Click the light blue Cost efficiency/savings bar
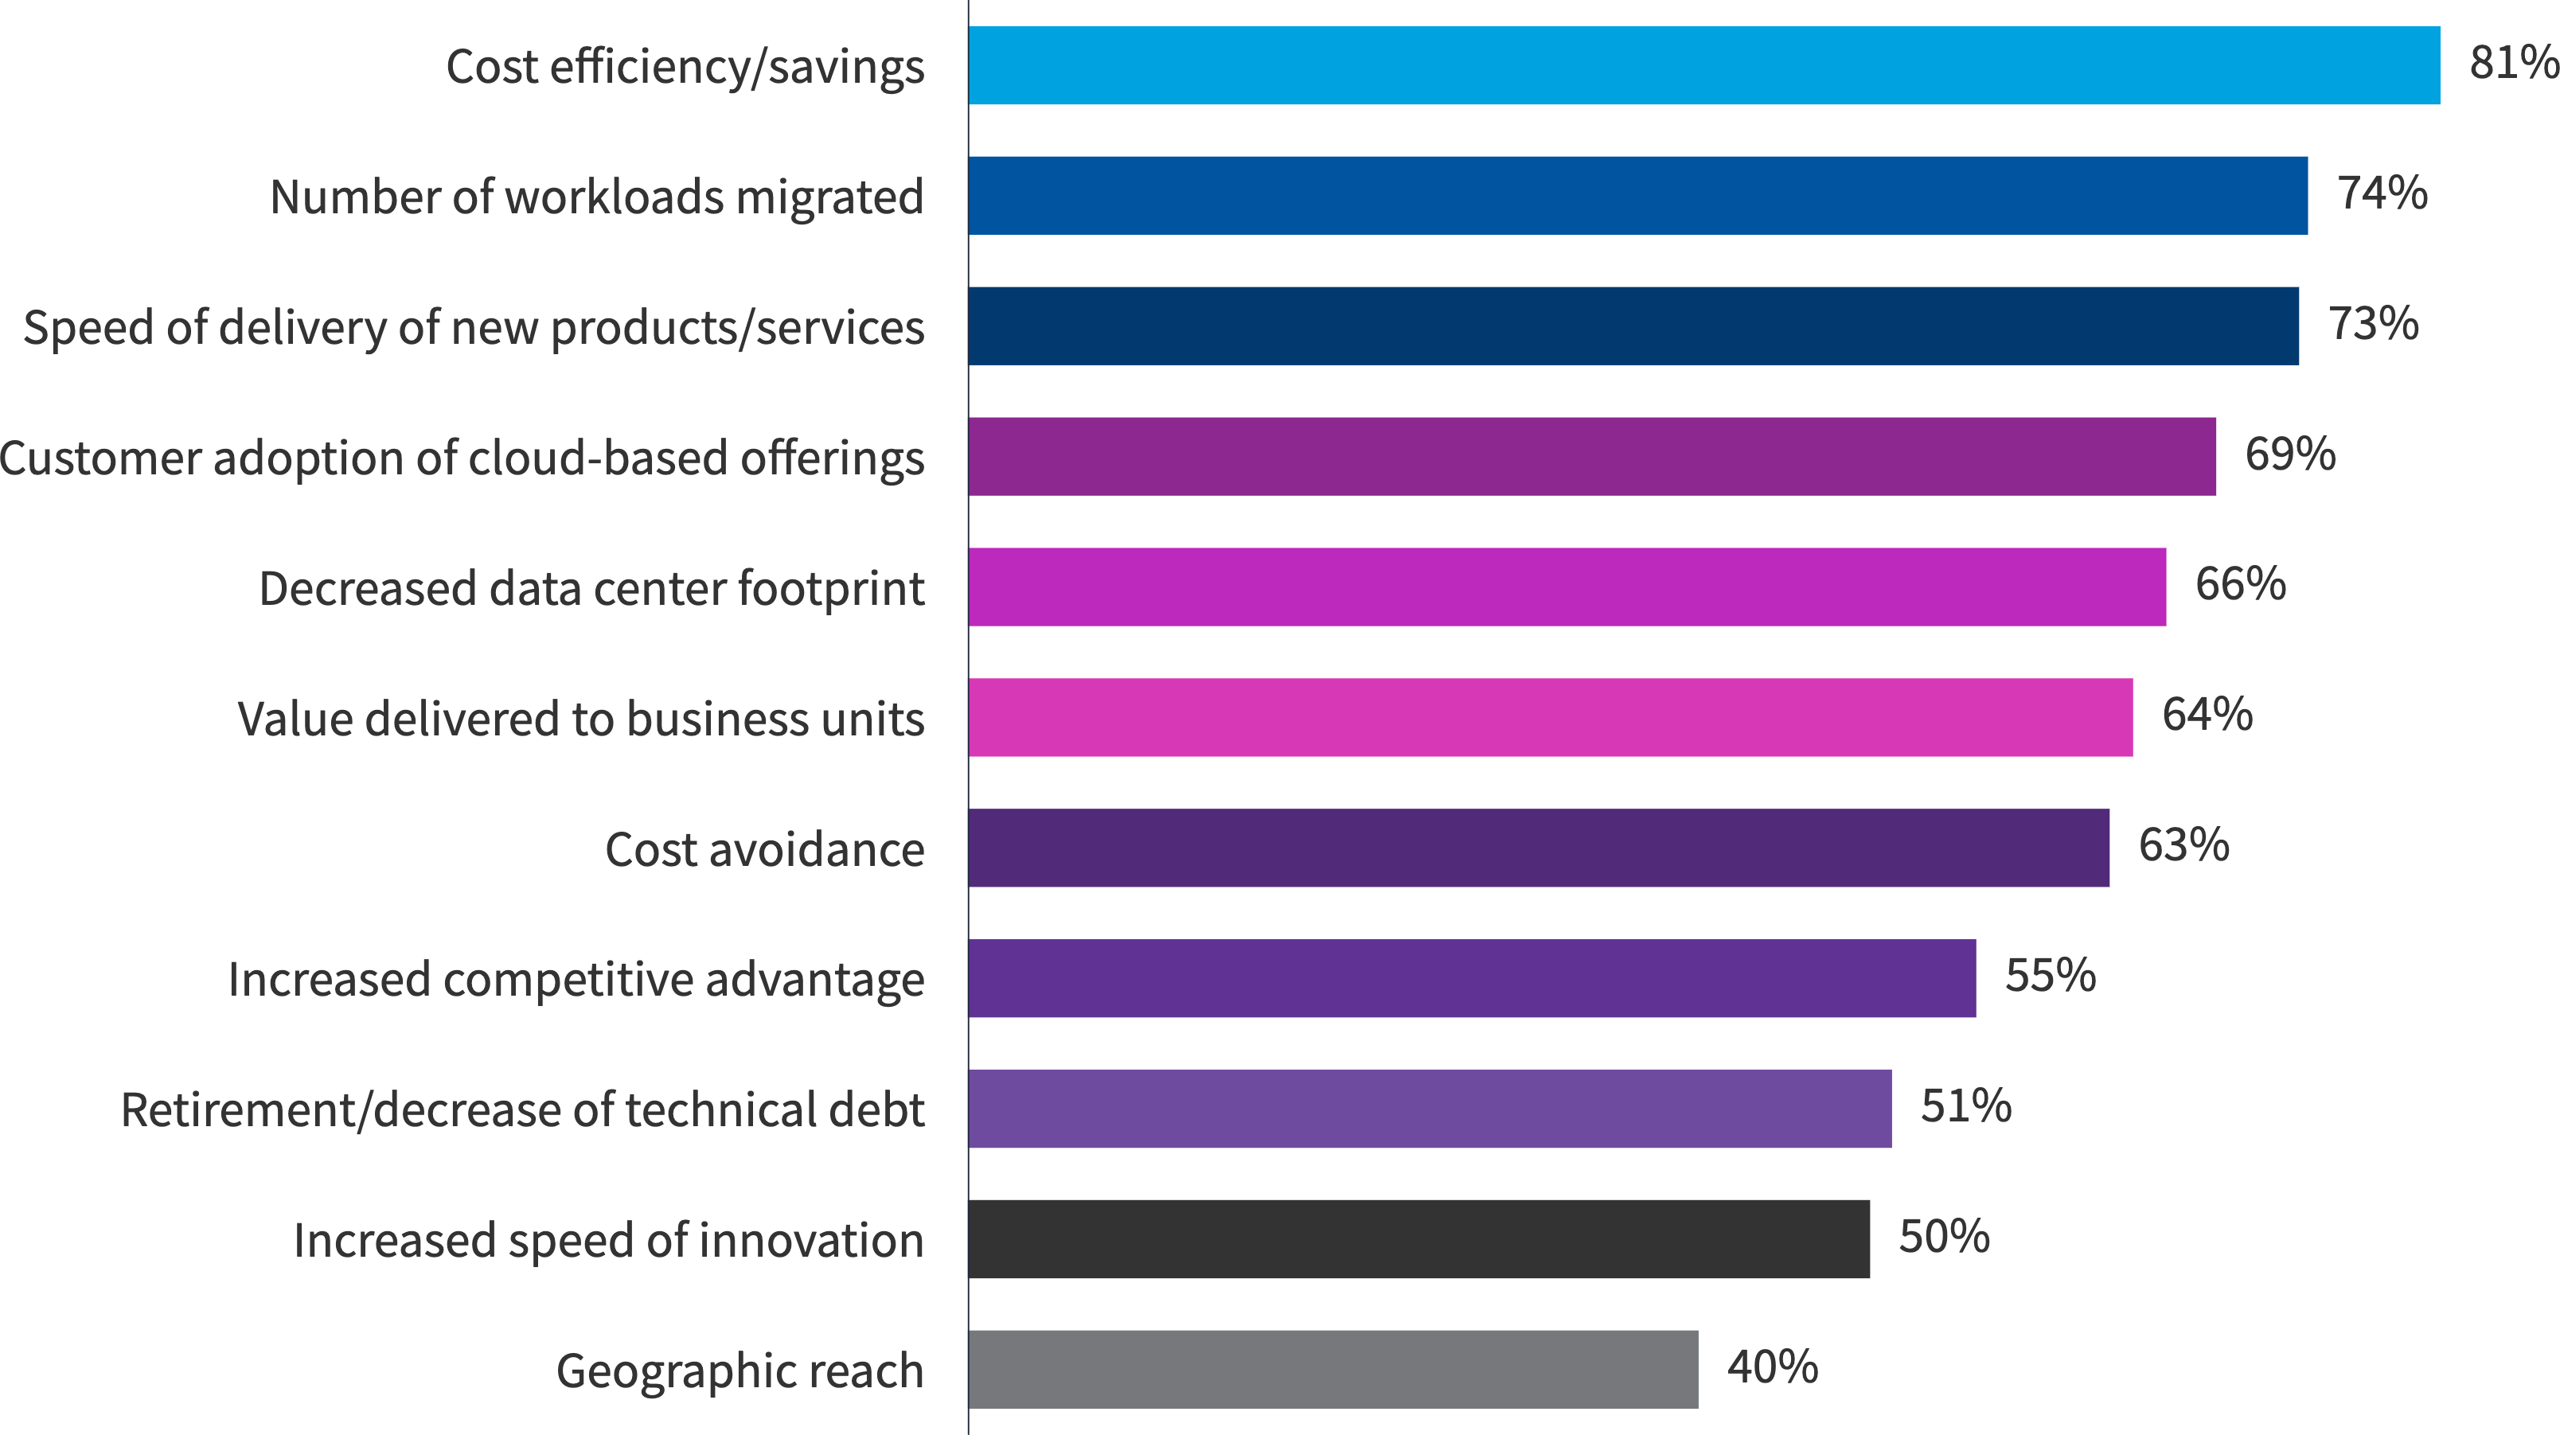pyautogui.click(x=1703, y=65)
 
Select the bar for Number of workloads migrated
pyautogui.click(x=1637, y=196)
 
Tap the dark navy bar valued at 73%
pyautogui.click(x=1633, y=326)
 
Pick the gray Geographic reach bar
pyautogui.click(x=1333, y=1370)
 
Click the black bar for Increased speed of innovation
pyautogui.click(x=1419, y=1239)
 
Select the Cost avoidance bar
pyautogui.click(x=1539, y=848)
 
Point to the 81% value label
pyautogui.click(x=2512, y=64)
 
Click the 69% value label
pyautogui.click(x=2289, y=455)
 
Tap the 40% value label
pyautogui.click(x=1772, y=1367)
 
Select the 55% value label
pyautogui.click(x=2051, y=976)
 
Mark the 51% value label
pyautogui.click(x=1965, y=1106)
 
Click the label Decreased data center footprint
pyautogui.click(x=591, y=588)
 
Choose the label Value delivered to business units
pyautogui.click(x=580, y=719)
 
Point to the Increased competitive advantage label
pyautogui.click(x=576, y=980)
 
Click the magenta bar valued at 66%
pyautogui.click(x=1567, y=587)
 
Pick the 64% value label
pyautogui.click(x=2207, y=716)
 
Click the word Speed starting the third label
pyautogui.click(x=88, y=328)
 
